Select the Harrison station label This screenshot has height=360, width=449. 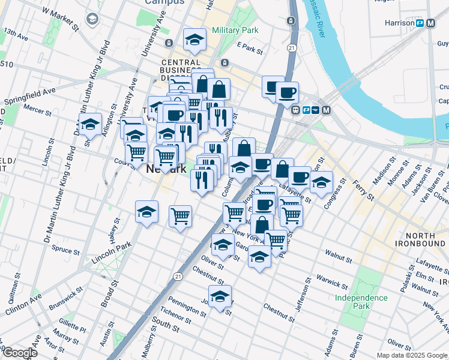400,23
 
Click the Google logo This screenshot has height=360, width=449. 20,352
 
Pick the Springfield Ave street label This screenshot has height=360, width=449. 30,96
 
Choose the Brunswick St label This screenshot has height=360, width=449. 67,298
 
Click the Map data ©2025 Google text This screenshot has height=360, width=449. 412,355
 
